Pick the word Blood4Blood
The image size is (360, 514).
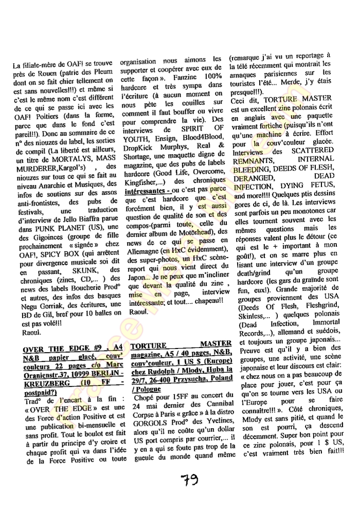coord(202,135)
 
